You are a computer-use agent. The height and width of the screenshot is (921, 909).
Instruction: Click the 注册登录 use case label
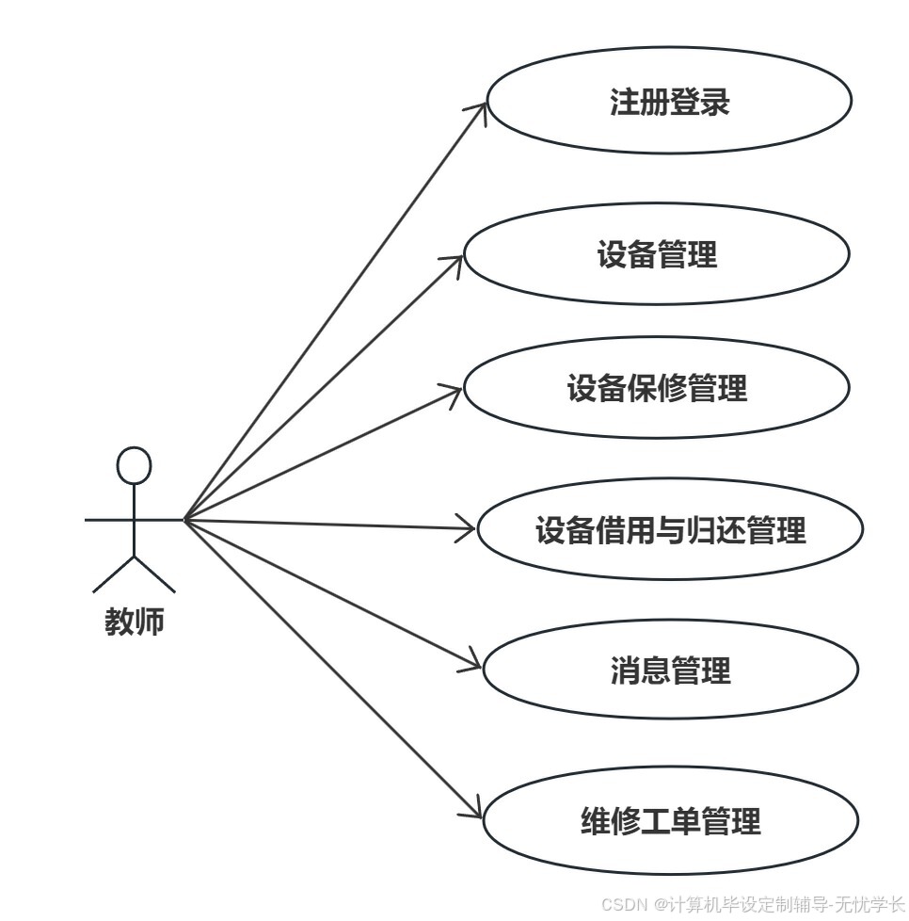[x=669, y=102]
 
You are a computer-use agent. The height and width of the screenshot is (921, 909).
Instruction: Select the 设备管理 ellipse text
[x=657, y=254]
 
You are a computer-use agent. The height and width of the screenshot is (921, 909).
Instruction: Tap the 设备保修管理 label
[x=657, y=388]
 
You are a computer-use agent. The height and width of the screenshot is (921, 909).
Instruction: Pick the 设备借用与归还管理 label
[x=670, y=530]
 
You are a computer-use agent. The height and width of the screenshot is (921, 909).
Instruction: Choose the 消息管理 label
[x=670, y=671]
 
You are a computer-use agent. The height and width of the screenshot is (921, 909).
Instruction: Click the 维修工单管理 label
[x=670, y=821]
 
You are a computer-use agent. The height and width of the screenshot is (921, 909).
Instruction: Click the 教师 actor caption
[x=134, y=622]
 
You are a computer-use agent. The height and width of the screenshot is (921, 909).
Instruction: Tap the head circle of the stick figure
[x=134, y=465]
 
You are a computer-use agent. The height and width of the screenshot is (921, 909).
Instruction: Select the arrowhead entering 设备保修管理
[x=455, y=390]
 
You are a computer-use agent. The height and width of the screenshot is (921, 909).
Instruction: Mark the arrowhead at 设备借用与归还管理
[x=469, y=529]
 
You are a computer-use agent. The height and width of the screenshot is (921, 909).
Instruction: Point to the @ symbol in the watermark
[x=662, y=904]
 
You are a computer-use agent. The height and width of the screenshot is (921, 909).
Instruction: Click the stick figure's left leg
[x=114, y=574]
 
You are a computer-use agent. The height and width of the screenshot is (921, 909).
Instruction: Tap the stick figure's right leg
[x=154, y=574]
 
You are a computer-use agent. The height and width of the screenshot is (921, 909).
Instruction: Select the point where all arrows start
[x=185, y=519]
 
